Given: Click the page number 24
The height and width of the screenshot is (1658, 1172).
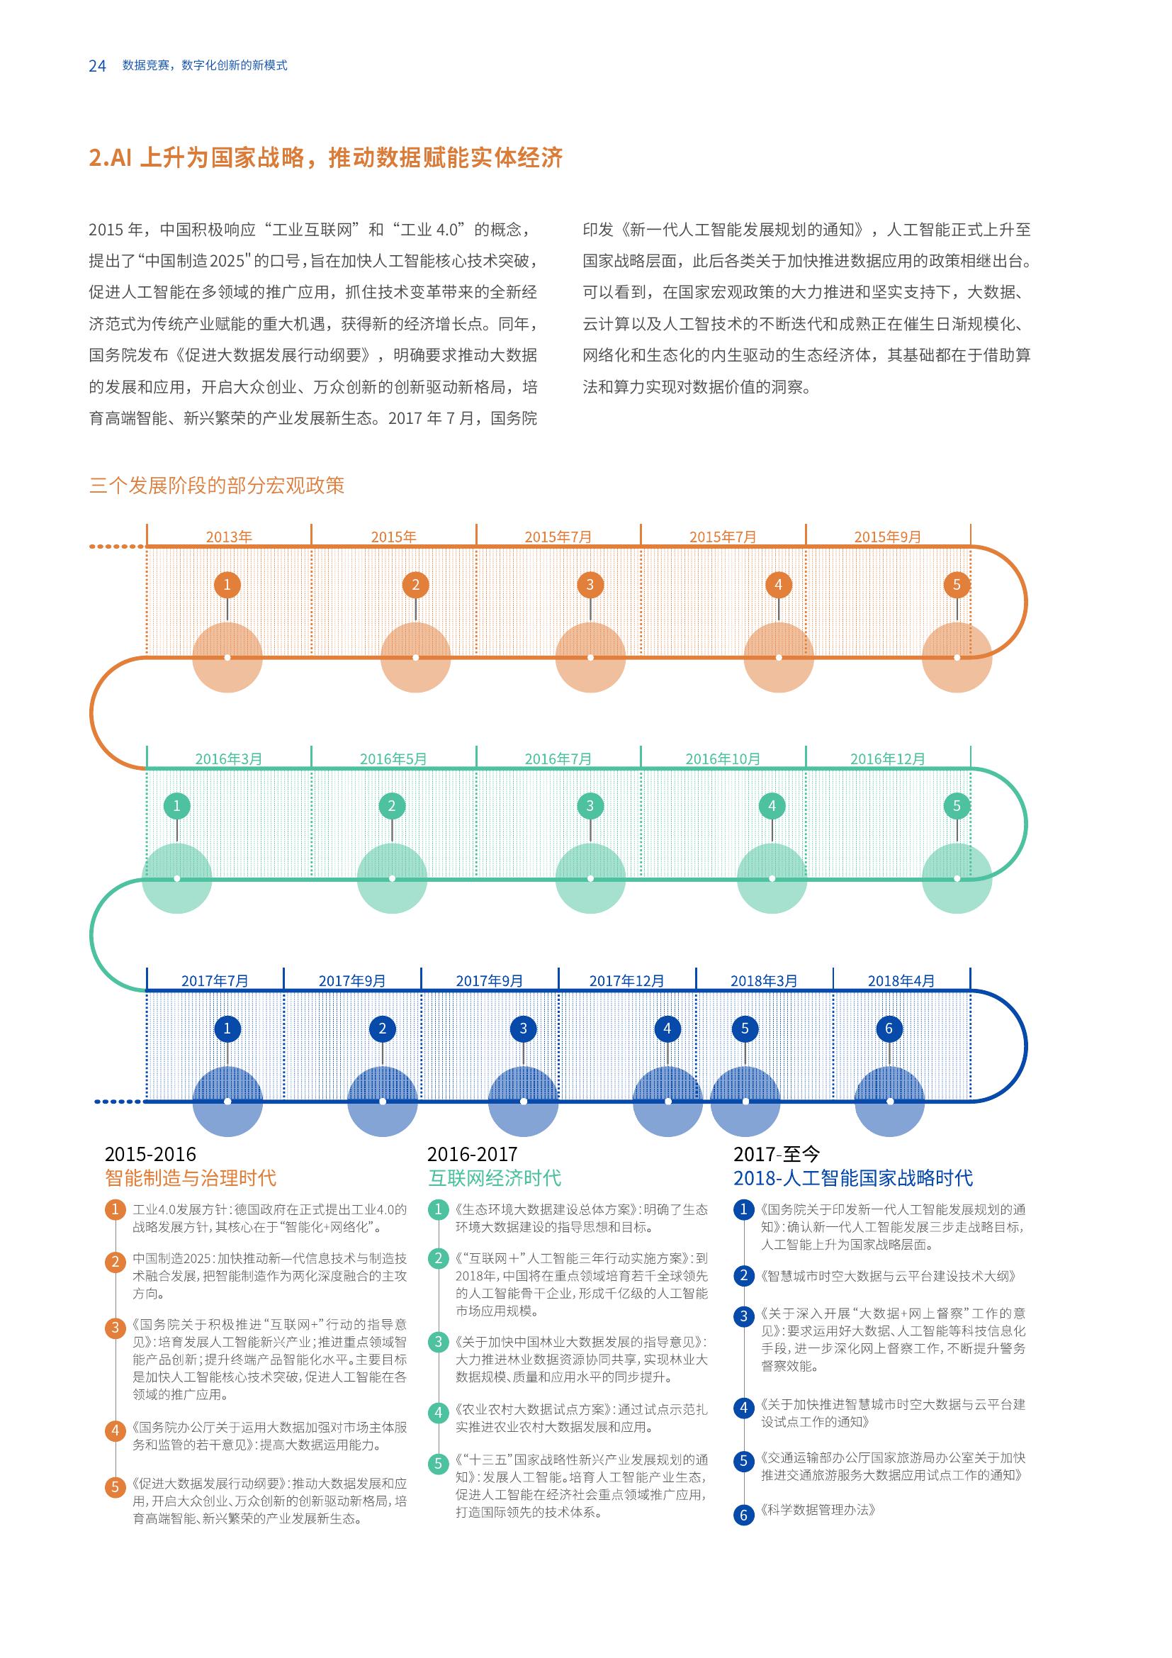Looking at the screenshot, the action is coord(97,66).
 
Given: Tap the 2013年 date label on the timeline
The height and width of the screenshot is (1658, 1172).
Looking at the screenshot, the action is coord(229,537).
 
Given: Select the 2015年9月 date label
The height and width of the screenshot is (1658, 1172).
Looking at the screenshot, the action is coord(888,537).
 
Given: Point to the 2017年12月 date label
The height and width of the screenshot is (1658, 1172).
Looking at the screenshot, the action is coord(626,980).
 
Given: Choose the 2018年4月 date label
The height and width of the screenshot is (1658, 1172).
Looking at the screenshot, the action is coord(901,980).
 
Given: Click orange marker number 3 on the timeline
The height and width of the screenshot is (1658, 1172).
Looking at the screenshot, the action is coord(590,585).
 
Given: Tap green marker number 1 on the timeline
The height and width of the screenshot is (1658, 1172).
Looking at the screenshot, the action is coord(177,806).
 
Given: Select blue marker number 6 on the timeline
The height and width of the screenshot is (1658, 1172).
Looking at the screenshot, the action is coord(889,1029).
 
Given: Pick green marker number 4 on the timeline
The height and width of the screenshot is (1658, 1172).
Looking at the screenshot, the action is coord(772,806).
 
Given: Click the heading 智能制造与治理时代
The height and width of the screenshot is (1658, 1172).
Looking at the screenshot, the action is coord(191,1179).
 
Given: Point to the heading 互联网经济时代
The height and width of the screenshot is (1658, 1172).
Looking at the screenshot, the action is coord(495,1179).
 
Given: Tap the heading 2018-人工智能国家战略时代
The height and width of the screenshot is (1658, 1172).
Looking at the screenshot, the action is coord(853,1179).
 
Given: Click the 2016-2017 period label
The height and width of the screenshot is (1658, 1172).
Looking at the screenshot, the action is coord(472,1154).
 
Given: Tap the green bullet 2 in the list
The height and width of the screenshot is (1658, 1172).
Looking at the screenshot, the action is coord(437,1259).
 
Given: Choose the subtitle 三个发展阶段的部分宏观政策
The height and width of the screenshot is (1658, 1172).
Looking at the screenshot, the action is coord(217,486).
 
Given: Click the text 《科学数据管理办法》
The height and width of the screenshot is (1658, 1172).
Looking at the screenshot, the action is coord(818,1510).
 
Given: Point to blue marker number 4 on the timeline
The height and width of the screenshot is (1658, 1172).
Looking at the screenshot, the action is coord(667,1029).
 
